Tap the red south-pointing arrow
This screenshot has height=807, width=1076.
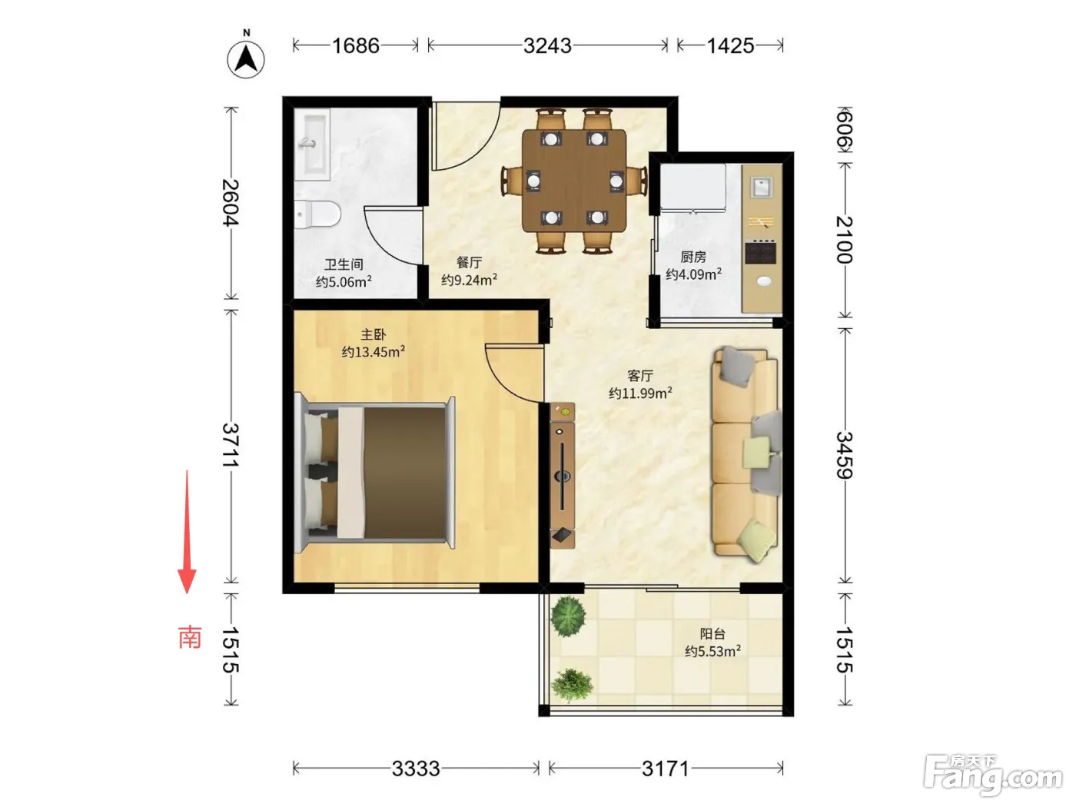pyautogui.click(x=187, y=532)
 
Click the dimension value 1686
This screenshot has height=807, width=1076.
pyautogui.click(x=356, y=46)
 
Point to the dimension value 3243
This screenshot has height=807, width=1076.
pyautogui.click(x=547, y=46)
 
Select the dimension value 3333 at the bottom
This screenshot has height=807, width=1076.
pyautogui.click(x=416, y=769)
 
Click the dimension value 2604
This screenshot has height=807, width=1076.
pyautogui.click(x=231, y=203)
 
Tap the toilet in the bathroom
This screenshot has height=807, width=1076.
pyautogui.click(x=317, y=214)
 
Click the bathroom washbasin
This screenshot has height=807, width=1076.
pyautogui.click(x=312, y=144)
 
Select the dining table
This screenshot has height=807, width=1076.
pyautogui.click(x=574, y=181)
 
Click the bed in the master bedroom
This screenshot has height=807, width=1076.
pyautogui.click(x=375, y=473)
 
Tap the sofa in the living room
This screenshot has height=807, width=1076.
pyautogui.click(x=746, y=453)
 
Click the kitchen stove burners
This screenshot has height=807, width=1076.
pyautogui.click(x=761, y=251)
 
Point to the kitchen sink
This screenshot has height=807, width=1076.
pyautogui.click(x=762, y=188)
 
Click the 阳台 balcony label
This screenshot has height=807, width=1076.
pyautogui.click(x=712, y=634)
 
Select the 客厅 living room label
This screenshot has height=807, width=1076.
pyautogui.click(x=640, y=376)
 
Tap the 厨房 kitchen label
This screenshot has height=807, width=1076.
pyautogui.click(x=693, y=257)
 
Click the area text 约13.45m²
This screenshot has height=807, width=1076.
pyautogui.click(x=373, y=352)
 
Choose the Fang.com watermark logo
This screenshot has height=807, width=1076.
pyautogui.click(x=993, y=775)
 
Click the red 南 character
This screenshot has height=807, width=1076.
pyautogui.click(x=190, y=637)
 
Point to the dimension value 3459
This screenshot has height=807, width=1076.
pyautogui.click(x=844, y=455)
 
